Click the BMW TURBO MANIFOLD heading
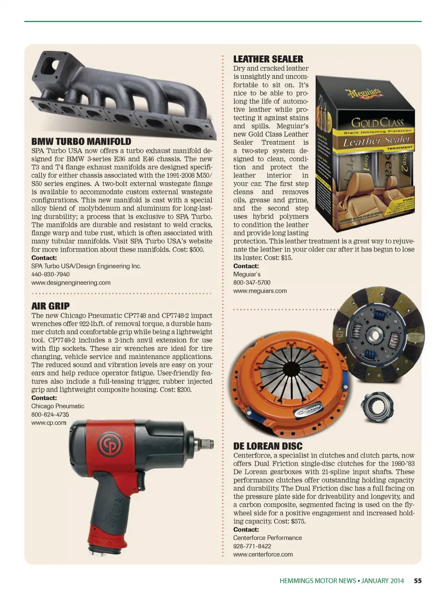coord(81,141)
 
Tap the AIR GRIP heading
coord(50,306)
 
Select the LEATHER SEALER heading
coord(268,59)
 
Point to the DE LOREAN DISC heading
coord(268,446)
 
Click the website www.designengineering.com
coord(71,283)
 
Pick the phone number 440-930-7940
coord(50,274)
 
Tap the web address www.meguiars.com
coord(260,291)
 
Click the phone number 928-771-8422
coord(252,546)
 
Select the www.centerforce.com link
coord(262,554)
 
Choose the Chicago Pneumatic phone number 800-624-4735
coord(50,414)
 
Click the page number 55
coord(418,580)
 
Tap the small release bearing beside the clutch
coord(377,406)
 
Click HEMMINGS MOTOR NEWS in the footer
coord(317,580)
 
